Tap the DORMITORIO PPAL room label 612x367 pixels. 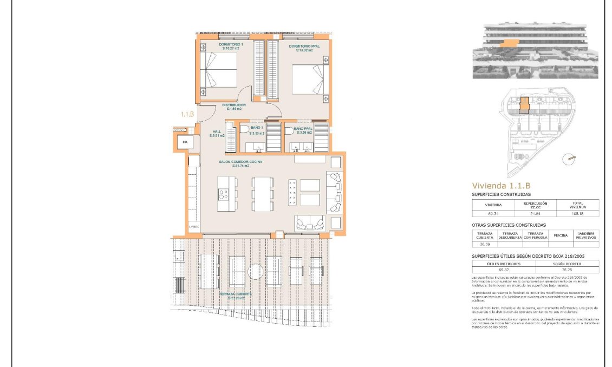(304, 48)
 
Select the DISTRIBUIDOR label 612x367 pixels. (234, 107)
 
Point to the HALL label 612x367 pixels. (217, 133)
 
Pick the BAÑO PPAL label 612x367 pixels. (303, 130)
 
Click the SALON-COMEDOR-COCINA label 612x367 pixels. (240, 163)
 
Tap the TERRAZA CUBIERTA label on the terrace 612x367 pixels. (232, 296)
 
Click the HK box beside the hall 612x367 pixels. (185, 142)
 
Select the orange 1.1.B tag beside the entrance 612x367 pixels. (187, 114)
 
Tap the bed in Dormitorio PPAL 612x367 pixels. (308, 80)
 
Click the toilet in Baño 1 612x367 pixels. (244, 129)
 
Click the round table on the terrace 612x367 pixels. (255, 271)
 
